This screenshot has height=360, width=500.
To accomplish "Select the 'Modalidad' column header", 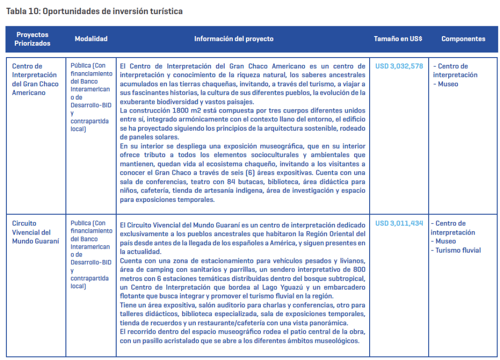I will pyautogui.click(x=91, y=39).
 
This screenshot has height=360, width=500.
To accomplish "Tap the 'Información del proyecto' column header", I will pyautogui.click(x=234, y=39).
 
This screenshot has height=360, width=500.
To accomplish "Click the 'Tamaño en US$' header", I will pyautogui.click(x=398, y=39).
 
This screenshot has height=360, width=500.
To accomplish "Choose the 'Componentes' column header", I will pyautogui.click(x=463, y=39).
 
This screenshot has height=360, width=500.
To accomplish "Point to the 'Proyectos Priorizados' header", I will pyautogui.click(x=33, y=39).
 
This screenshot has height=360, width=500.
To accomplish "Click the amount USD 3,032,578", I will pyautogui.click(x=399, y=66).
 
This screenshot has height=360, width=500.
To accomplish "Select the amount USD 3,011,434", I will pyautogui.click(x=399, y=223).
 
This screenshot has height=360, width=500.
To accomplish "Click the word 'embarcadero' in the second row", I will pyautogui.click(x=347, y=287).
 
